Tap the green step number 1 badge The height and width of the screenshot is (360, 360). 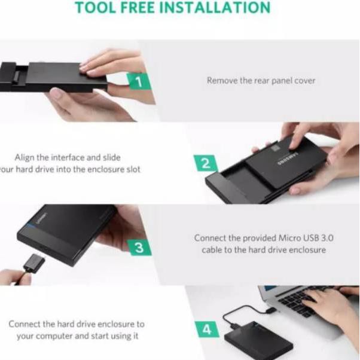(x=138, y=82)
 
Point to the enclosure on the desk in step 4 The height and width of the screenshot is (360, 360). (x=264, y=338)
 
